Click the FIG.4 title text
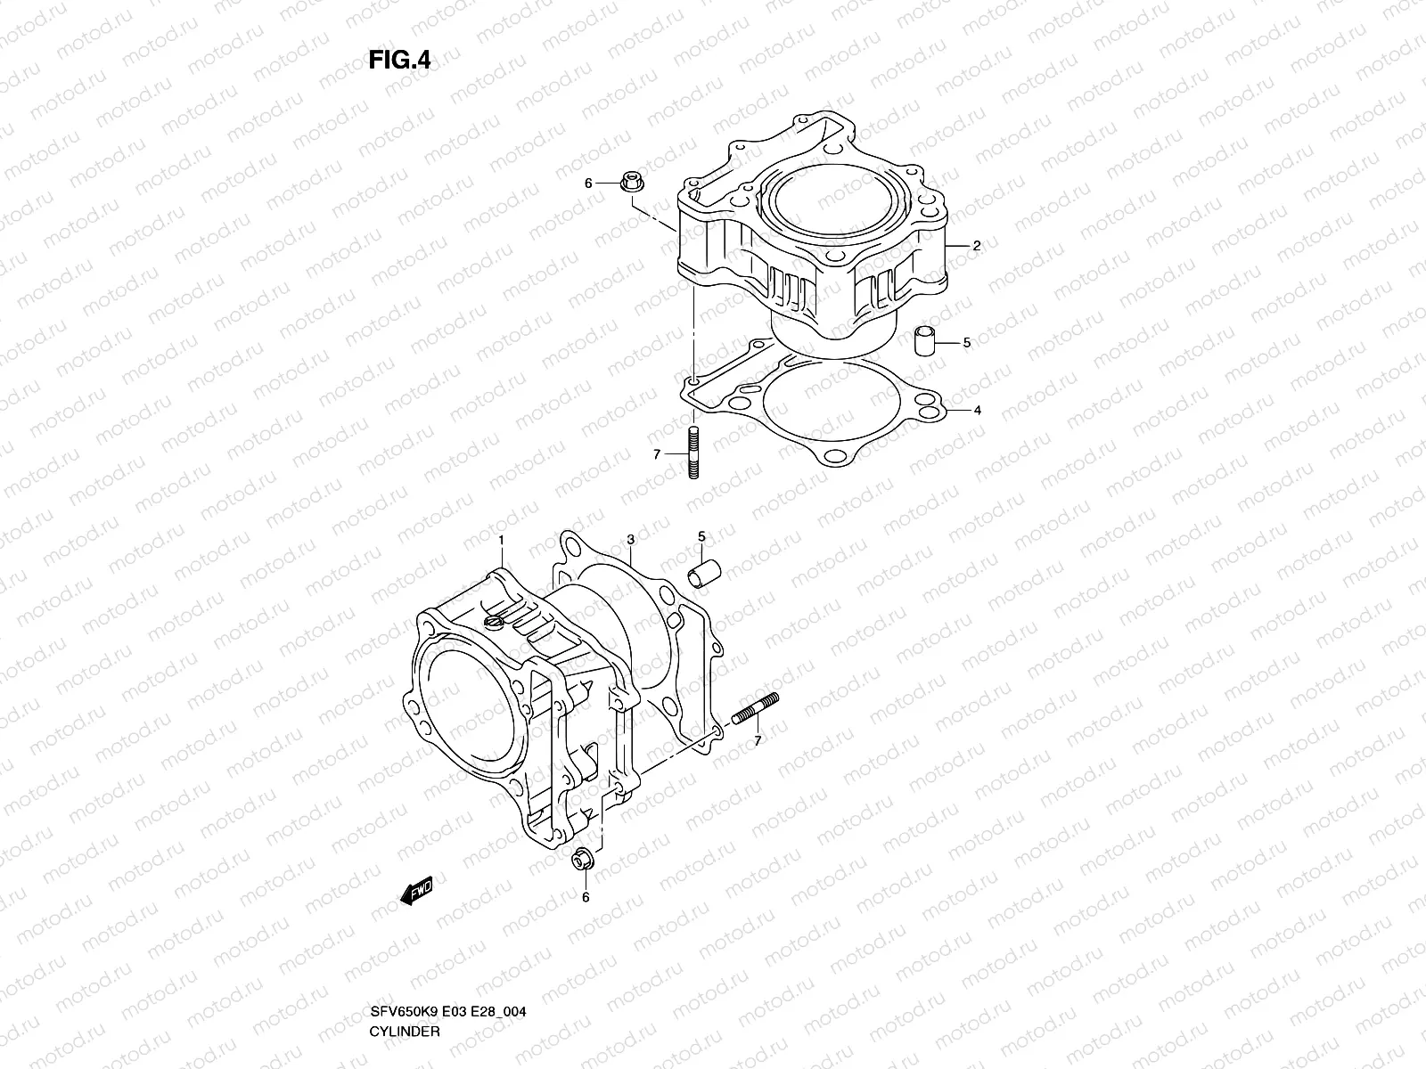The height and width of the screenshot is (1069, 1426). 400,61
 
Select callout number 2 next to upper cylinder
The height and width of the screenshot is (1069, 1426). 977,246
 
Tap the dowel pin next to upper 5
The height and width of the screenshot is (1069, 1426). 925,341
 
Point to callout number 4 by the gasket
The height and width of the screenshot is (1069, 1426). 977,411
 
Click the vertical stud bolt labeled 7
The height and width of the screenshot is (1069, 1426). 693,453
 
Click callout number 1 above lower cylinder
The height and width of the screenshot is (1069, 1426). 501,540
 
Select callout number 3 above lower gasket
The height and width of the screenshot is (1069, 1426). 630,540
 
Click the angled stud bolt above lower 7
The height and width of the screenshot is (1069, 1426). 757,708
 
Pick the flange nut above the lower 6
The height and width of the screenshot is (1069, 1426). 583,862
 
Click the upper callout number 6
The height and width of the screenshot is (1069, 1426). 588,184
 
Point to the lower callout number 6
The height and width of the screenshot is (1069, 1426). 586,897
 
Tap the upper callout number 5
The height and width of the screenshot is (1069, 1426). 966,342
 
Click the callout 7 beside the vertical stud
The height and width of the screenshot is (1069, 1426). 657,454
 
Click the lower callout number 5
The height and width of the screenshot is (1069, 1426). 701,536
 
